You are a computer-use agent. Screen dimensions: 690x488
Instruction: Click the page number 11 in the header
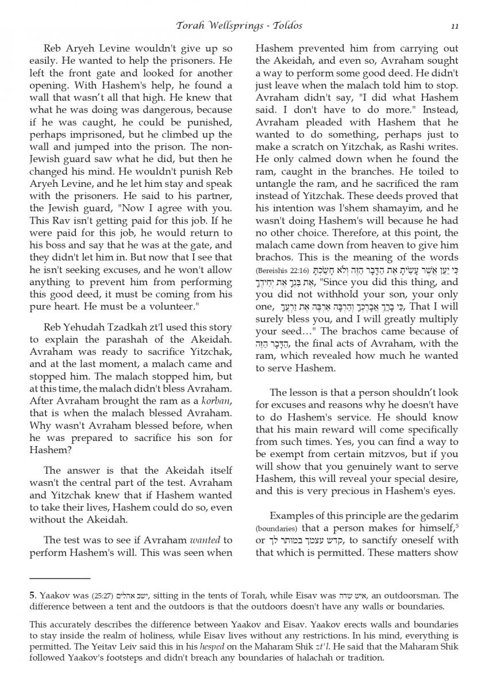(x=455, y=26)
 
